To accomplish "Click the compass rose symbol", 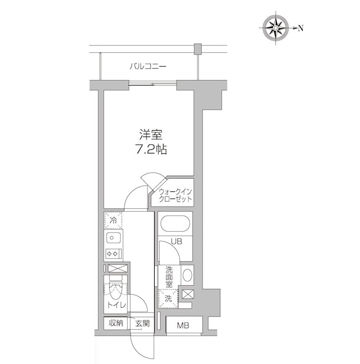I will (276, 28).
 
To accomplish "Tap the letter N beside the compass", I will (301, 28).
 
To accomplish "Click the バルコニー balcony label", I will (148, 66).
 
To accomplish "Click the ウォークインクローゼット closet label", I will (175, 196).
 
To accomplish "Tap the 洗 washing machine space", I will (168, 299).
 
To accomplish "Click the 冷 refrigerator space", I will (112, 220).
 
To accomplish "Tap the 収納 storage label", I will (116, 323).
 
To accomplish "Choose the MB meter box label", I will (183, 325).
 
